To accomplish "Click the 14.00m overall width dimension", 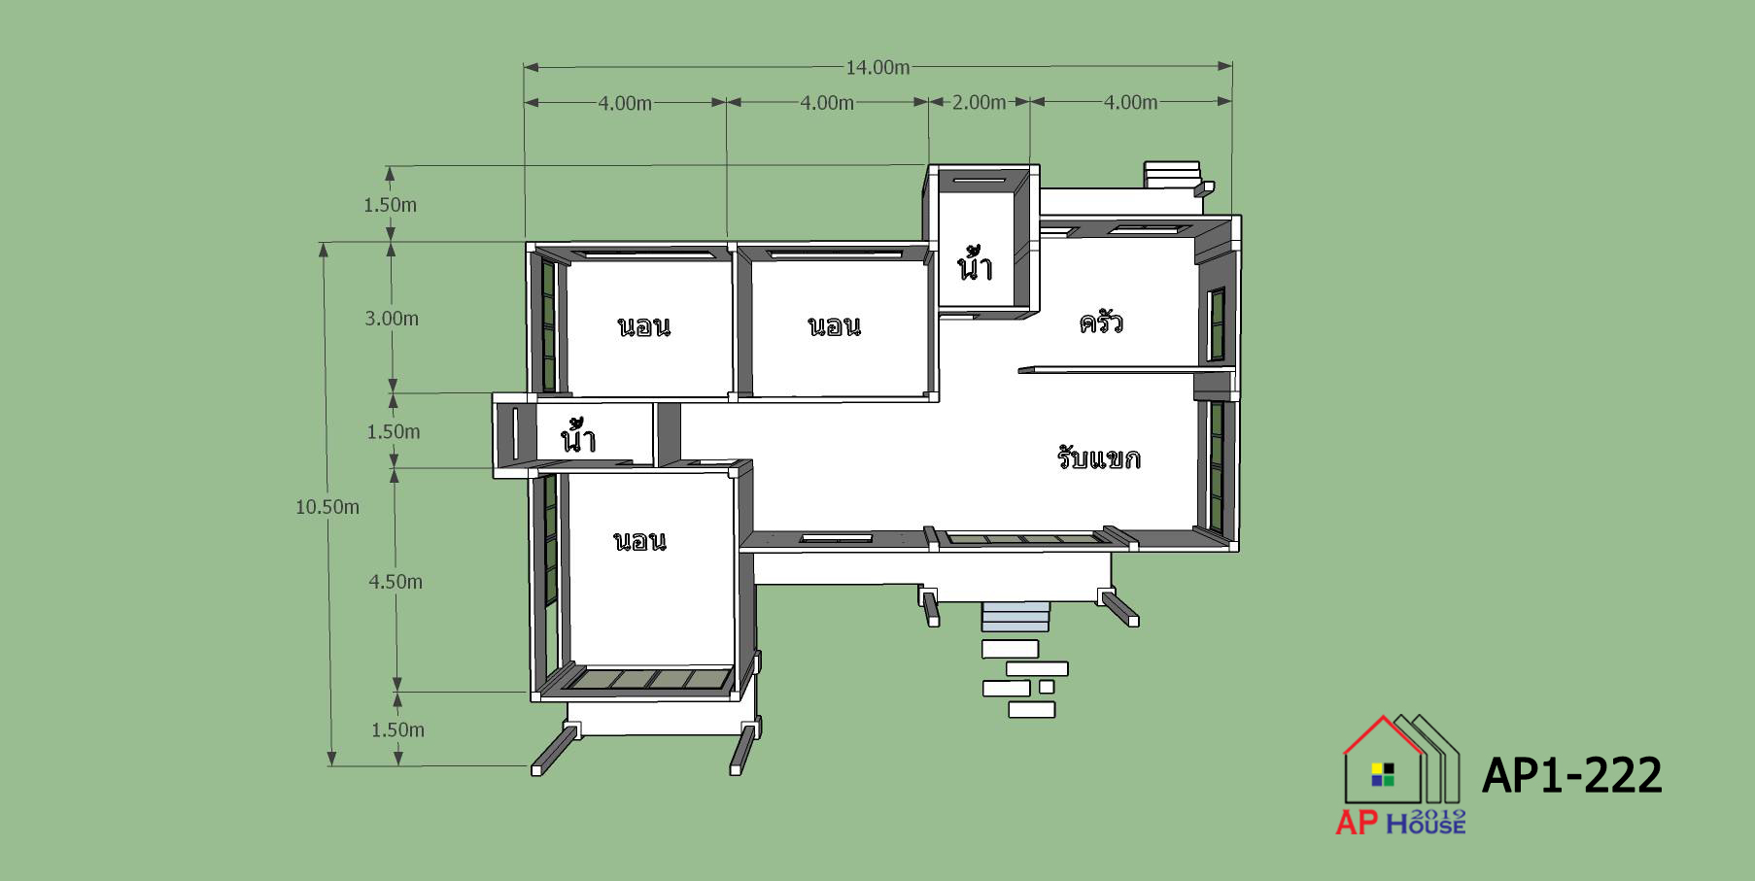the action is (877, 67).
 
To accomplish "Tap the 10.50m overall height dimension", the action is (327, 506).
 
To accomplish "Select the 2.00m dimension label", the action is (979, 102).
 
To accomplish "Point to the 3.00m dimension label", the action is (392, 318).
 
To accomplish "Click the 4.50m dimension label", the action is (396, 581).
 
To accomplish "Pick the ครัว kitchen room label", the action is (1101, 322).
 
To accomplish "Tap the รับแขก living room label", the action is (1099, 457).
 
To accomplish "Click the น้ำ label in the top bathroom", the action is (975, 264).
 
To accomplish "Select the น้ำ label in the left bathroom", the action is (577, 437).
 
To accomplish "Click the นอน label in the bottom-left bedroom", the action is (640, 541).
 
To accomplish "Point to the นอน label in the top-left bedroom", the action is (644, 326).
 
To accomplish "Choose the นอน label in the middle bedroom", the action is (835, 326).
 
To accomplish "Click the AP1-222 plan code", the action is (1571, 775).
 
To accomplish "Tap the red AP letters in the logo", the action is (1357, 823).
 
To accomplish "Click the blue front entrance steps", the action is (1015, 617).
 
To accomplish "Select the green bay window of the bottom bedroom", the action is (647, 679).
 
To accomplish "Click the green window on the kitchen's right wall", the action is (1217, 324).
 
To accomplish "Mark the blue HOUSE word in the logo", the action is (1426, 825).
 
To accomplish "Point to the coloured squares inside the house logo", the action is (1383, 774).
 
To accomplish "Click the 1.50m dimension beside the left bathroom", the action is (394, 431).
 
